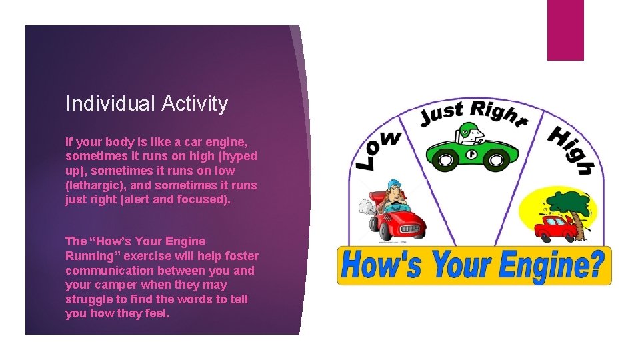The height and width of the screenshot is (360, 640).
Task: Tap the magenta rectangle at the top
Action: point(565,30)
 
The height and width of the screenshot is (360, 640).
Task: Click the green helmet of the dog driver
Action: point(470,129)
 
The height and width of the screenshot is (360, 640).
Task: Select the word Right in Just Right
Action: point(496,111)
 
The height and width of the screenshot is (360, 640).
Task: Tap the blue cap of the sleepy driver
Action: point(394,183)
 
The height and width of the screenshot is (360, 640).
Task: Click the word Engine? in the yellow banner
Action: point(551,265)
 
